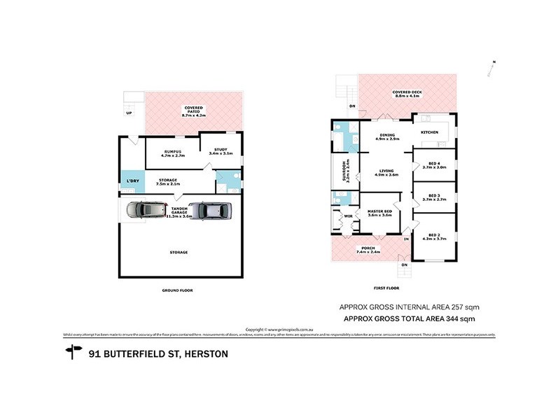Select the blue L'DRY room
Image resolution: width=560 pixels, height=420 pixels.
(132, 181)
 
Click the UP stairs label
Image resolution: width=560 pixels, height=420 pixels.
(129, 112)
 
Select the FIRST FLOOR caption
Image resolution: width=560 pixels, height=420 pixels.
(386, 288)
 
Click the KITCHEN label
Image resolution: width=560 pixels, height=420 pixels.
(429, 132)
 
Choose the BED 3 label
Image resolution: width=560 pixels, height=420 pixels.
(434, 197)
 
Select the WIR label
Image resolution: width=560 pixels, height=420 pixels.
(348, 217)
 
